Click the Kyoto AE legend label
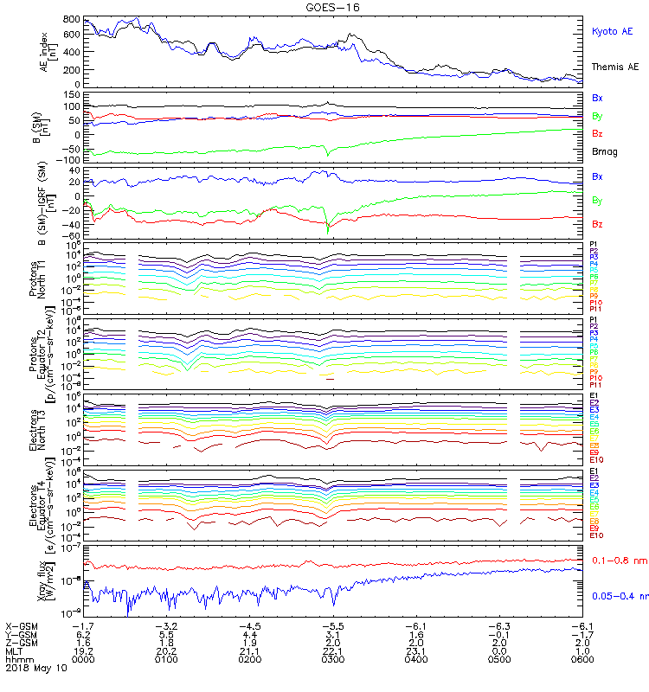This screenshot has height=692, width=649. click(x=612, y=31)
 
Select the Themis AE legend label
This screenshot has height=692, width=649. click(x=614, y=67)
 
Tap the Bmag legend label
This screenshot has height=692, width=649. click(x=604, y=151)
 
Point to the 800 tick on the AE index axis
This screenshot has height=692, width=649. click(x=72, y=19)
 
